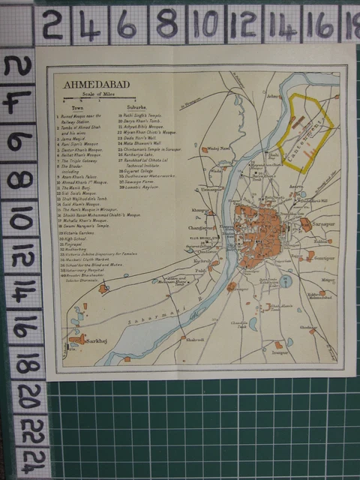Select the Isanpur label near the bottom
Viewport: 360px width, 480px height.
280,351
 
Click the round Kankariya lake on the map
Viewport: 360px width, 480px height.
285,283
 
